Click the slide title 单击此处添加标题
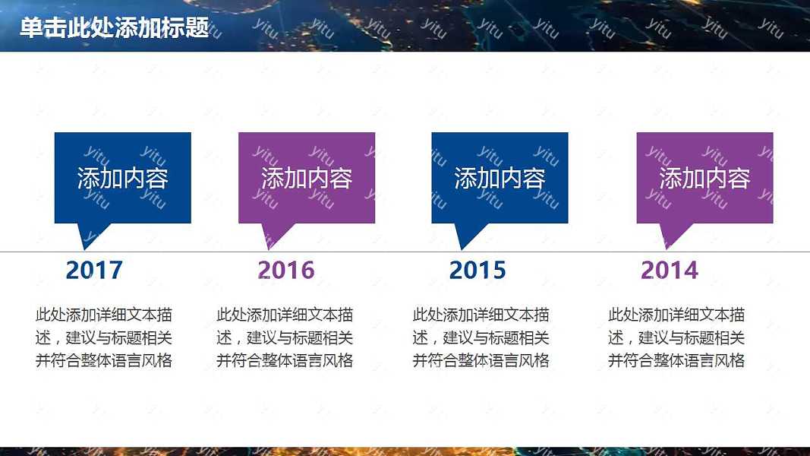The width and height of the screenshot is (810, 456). (x=114, y=27)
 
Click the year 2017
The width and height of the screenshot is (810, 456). (x=94, y=270)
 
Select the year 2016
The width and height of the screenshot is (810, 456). (x=285, y=270)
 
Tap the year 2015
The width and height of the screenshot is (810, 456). (x=477, y=270)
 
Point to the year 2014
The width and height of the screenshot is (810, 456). (x=669, y=270)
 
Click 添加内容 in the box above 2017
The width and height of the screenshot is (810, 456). (x=122, y=178)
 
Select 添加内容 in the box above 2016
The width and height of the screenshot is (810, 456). (x=307, y=178)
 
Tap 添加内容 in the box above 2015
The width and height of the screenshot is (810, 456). (x=500, y=178)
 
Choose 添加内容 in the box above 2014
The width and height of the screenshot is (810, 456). (x=704, y=178)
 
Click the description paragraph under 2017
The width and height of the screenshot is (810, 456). (x=104, y=337)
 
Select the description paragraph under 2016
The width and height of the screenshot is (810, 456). (x=285, y=337)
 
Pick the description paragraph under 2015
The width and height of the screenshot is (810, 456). (x=481, y=337)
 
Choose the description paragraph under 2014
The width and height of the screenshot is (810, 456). (x=676, y=337)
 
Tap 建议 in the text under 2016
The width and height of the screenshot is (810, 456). (x=263, y=337)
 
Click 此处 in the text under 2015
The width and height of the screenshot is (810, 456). (x=428, y=315)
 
